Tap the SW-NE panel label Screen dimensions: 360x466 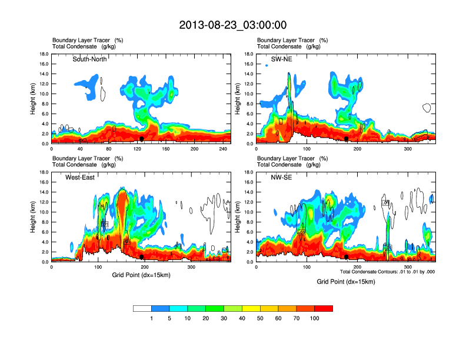click(x=281, y=59)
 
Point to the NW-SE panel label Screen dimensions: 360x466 click(x=283, y=177)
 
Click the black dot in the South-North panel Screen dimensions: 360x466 click(x=141, y=138)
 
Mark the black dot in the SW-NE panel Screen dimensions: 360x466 click(x=347, y=138)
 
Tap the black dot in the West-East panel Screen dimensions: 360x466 click(x=142, y=256)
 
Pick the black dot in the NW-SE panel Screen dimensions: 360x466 click(x=347, y=256)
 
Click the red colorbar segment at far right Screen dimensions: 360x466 click(x=324, y=308)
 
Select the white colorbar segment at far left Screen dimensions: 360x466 click(x=142, y=308)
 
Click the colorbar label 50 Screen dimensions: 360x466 click(x=261, y=318)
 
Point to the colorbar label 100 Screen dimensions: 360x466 click(x=315, y=318)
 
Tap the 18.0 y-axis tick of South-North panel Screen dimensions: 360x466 click(x=44, y=54)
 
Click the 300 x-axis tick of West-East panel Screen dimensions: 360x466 click(x=191, y=267)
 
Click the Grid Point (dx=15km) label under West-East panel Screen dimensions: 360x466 click(x=141, y=275)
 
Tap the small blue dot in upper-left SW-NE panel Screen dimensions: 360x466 click(x=267, y=65)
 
